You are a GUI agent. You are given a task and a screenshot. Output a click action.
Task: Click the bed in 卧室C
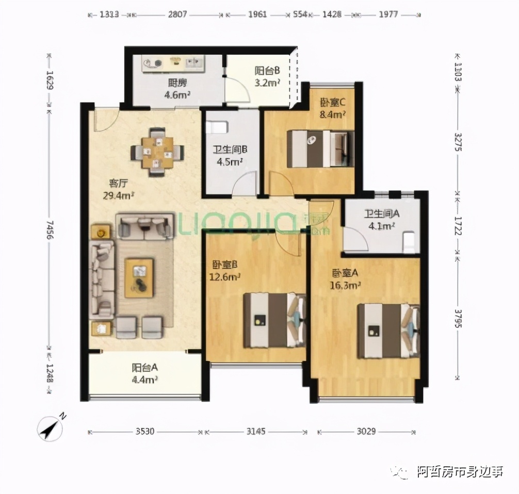click(320, 149)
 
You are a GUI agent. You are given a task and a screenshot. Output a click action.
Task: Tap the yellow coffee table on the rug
click(139, 277)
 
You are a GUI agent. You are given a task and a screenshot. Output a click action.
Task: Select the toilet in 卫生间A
click(409, 242)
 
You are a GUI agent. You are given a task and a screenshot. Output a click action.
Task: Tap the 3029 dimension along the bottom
click(367, 432)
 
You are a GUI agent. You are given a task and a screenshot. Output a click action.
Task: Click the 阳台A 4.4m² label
click(144, 374)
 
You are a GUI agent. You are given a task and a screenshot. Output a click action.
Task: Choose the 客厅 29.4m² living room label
click(120, 189)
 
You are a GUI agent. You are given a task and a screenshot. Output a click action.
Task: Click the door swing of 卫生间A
click(356, 240)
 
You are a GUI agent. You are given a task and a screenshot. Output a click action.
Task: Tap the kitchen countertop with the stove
click(173, 63)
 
